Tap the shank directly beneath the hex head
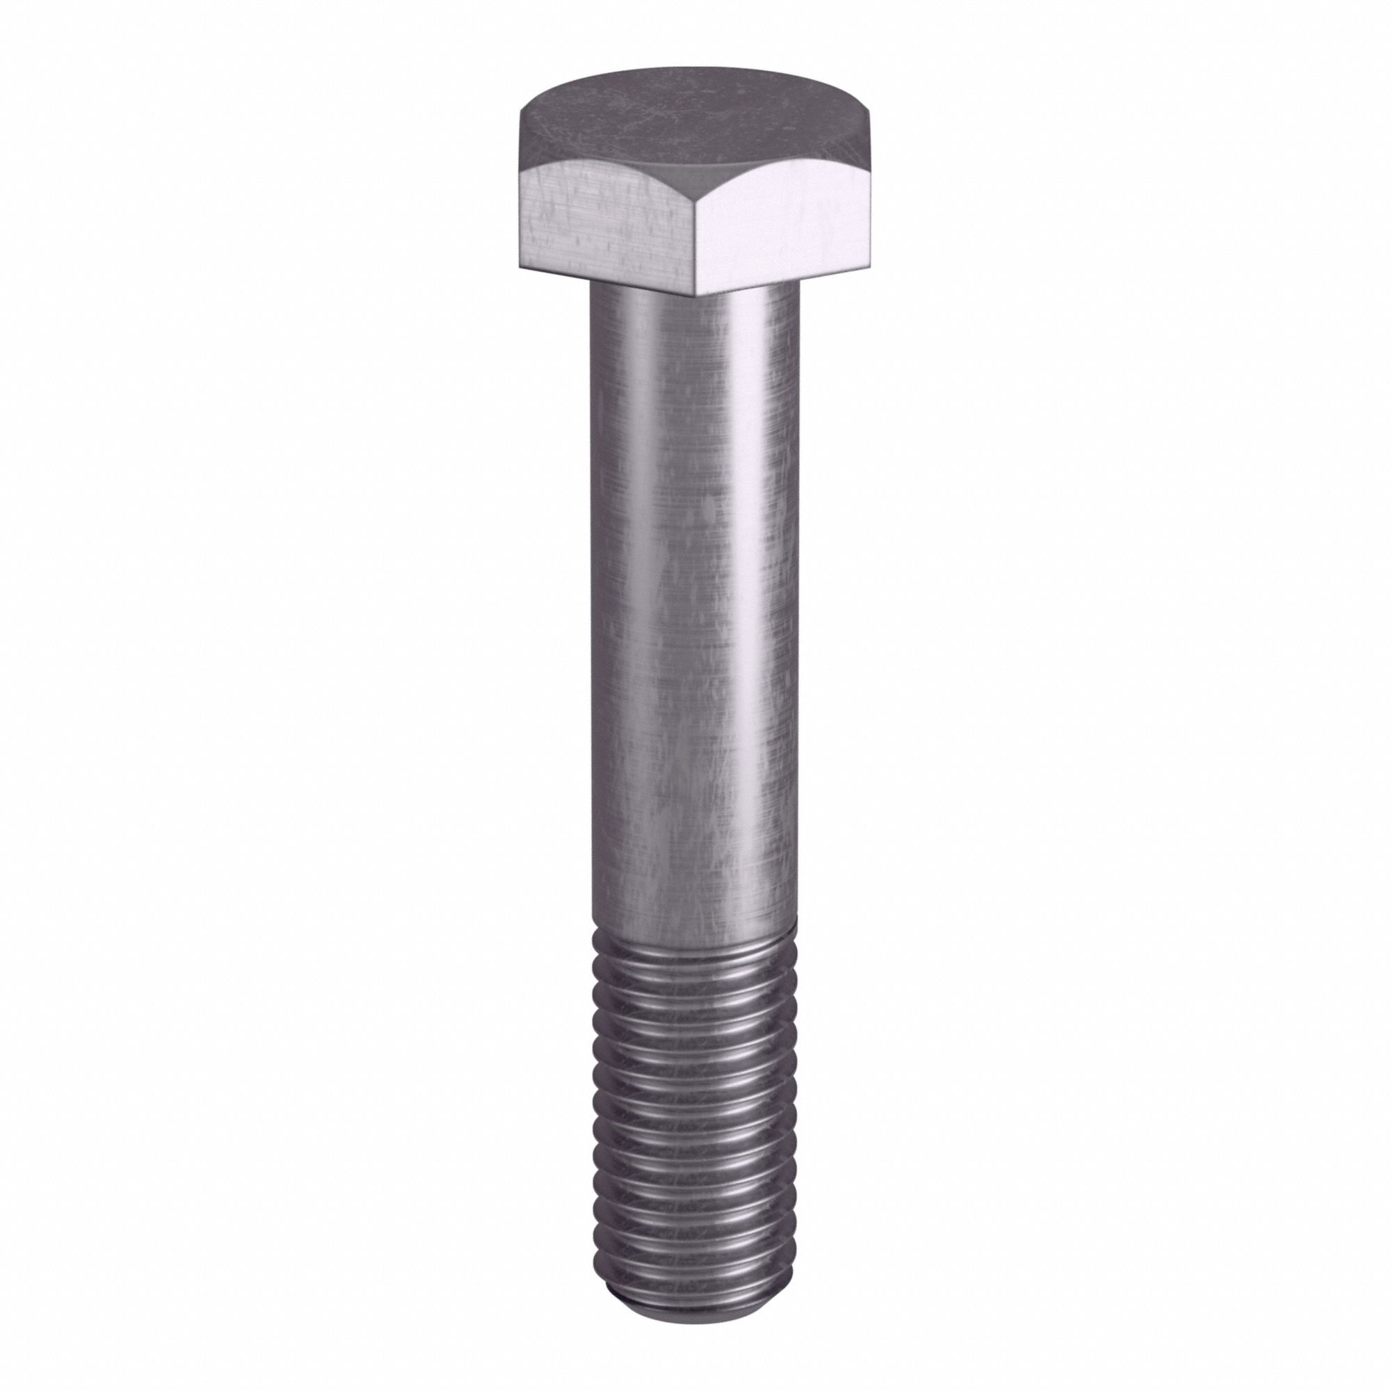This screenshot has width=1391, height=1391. pyautogui.click(x=695, y=316)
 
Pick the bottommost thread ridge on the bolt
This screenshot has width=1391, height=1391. pyautogui.click(x=695, y=1256)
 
